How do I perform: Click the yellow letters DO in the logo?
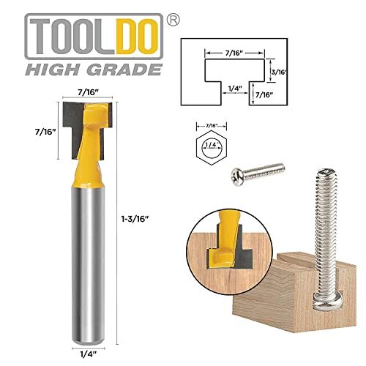pyautogui.click(x=137, y=37)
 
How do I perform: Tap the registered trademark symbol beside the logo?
pyautogui.click(x=173, y=20)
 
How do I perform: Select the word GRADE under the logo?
pyautogui.click(x=124, y=70)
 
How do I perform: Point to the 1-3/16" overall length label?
pyautogui.click(x=135, y=219)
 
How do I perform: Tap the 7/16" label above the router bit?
pyautogui.click(x=88, y=92)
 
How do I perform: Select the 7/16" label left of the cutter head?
pyautogui.click(x=45, y=132)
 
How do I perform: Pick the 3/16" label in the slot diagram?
pyautogui.click(x=279, y=72)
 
